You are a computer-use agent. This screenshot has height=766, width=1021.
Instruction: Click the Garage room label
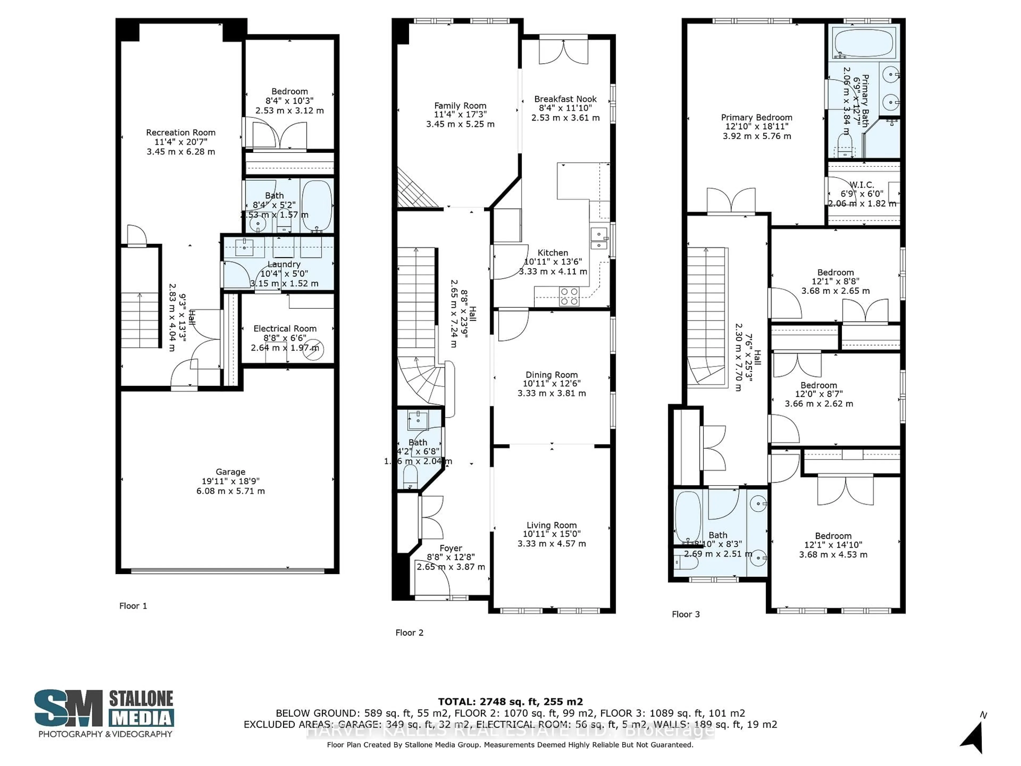point(230,472)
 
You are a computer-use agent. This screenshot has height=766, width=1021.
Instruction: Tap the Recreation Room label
point(181,132)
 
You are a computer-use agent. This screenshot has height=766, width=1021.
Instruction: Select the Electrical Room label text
point(285,329)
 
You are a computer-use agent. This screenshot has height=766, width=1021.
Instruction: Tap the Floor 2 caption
point(409,632)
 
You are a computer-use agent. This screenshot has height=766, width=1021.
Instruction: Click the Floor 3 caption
point(685,614)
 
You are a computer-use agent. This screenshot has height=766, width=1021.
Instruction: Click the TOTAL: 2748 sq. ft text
point(510,702)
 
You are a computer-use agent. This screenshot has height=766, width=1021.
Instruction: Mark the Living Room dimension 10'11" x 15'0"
point(552,534)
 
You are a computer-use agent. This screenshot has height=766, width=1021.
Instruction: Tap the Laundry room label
point(284,264)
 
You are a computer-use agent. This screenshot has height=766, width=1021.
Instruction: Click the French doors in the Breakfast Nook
point(564,52)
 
